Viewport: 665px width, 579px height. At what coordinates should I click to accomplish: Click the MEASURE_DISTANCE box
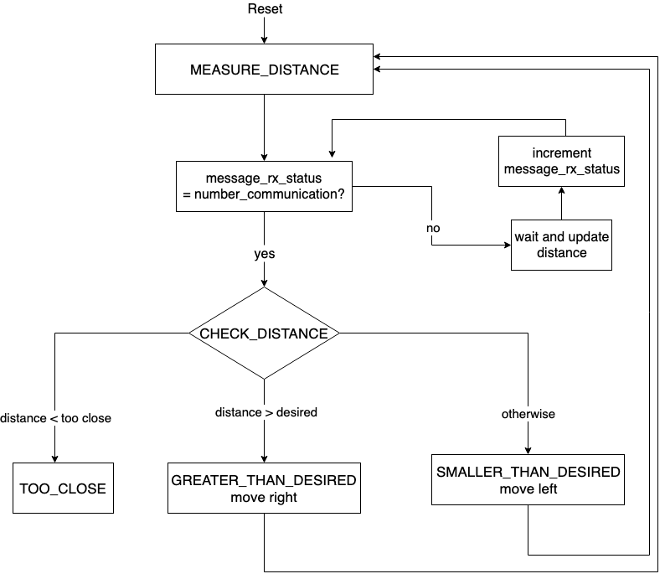point(264,70)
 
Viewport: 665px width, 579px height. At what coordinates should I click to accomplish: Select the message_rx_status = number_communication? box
point(264,186)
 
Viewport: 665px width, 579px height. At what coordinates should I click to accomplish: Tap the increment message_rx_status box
point(561,161)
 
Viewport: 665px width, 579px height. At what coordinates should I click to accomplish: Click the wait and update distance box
point(561,245)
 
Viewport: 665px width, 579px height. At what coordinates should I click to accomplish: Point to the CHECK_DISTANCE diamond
point(264,333)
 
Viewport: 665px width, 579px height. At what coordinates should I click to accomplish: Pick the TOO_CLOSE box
point(63,488)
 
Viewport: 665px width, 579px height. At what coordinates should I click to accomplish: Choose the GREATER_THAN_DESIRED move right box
point(264,488)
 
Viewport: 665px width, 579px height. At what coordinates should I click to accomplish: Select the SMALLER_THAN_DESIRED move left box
point(528,480)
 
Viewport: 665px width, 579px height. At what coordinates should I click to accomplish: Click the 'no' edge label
point(433,228)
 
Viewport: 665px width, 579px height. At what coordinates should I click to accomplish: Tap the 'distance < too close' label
point(55,417)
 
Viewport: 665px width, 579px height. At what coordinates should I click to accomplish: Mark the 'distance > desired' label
point(266,412)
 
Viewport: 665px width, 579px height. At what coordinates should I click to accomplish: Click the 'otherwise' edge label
point(528,414)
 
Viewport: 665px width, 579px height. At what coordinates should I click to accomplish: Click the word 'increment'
point(561,153)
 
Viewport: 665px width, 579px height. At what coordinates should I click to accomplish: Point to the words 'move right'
point(264,497)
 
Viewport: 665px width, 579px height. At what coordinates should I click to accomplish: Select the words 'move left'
point(528,489)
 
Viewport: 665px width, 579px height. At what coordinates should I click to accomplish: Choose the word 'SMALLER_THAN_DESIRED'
point(528,472)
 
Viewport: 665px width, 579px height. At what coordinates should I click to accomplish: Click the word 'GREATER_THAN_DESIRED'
point(264,480)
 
